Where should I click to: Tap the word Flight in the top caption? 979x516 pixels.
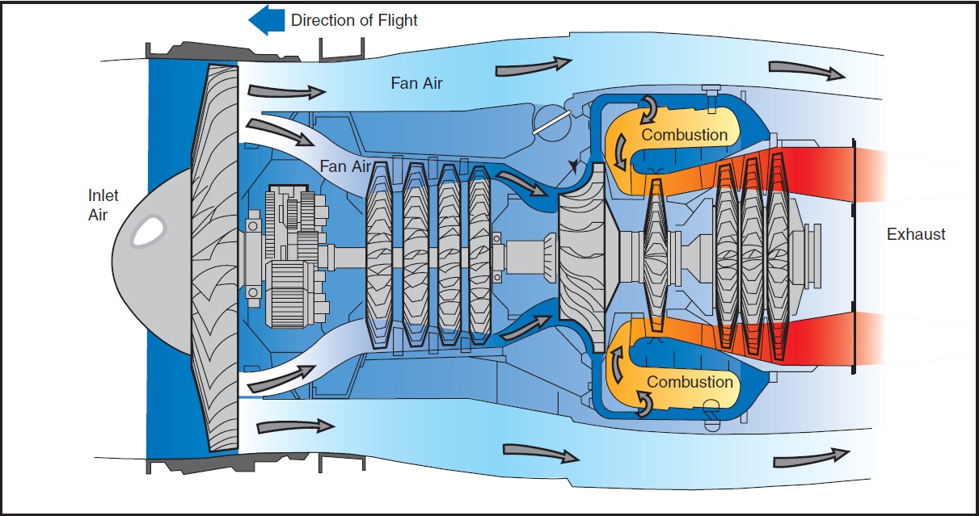pos(395,20)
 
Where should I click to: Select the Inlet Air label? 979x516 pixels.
pos(103,205)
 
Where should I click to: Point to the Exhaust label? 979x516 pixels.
pos(915,235)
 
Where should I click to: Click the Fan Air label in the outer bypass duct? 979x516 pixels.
pos(416,82)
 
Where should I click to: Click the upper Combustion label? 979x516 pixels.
pos(685,135)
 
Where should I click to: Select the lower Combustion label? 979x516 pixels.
pos(690,381)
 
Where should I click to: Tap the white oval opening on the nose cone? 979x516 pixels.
pos(147,232)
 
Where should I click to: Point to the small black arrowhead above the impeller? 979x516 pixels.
pos(574,166)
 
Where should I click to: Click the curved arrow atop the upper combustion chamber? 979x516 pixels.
pos(649,105)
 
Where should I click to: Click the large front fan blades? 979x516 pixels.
pos(217,258)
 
